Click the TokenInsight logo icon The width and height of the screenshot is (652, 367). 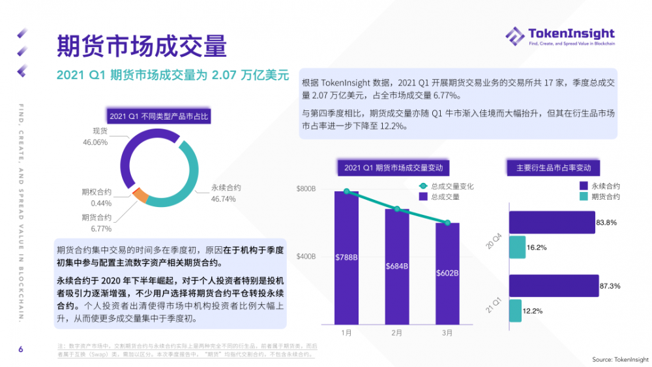point(515,37)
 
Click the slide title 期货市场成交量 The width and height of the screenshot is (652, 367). point(142,46)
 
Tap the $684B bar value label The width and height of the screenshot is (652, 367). point(396,266)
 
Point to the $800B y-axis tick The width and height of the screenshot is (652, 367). point(306,189)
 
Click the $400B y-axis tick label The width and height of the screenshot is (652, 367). point(306,257)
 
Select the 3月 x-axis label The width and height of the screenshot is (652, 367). point(447,333)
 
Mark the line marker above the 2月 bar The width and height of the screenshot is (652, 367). point(396,209)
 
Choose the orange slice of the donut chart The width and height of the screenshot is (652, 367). point(140,194)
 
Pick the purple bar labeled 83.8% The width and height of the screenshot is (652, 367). point(551,222)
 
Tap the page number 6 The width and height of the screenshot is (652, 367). point(21,350)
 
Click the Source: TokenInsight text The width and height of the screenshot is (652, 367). point(620,359)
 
